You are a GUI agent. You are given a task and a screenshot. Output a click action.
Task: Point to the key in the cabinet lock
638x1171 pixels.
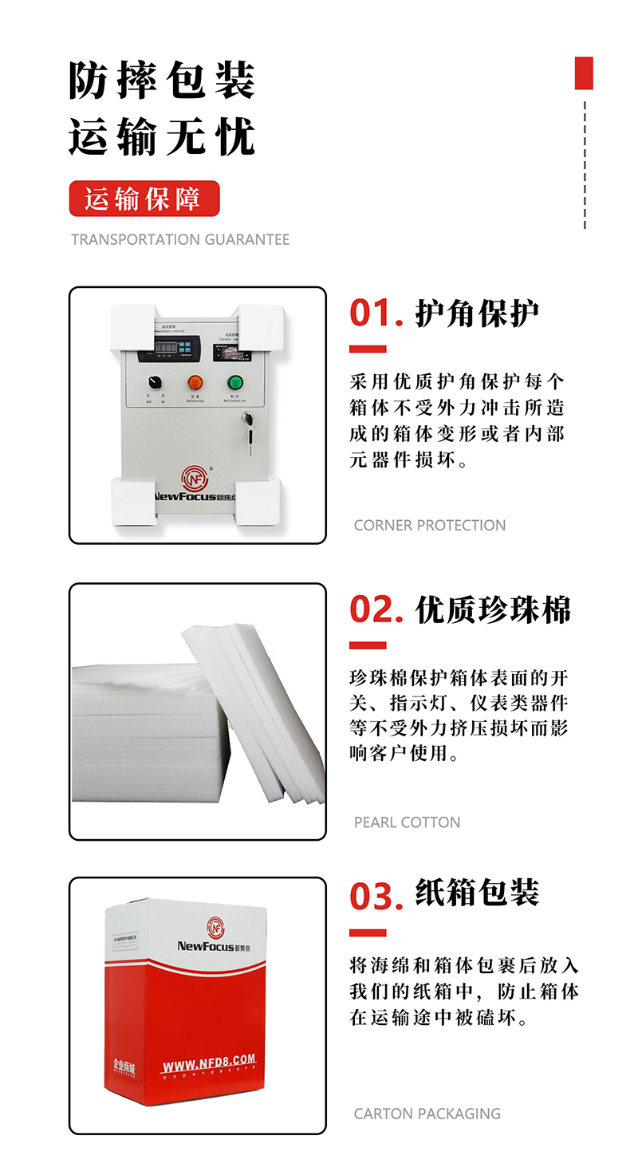coord(250,420)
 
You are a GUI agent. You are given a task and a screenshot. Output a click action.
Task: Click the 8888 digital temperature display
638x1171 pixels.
coord(166,349)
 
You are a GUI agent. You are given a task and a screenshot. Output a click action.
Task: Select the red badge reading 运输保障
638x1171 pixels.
coord(144,199)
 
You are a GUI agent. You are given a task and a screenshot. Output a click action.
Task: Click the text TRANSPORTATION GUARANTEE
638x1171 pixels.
coord(180,239)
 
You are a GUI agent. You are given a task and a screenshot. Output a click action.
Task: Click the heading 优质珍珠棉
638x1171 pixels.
coord(493,610)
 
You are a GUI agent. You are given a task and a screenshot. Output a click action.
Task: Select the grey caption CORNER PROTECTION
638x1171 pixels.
coord(429,525)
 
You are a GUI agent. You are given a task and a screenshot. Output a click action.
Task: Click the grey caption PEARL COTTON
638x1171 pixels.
coord(407,822)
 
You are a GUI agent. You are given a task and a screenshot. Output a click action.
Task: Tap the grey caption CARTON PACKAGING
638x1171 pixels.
coord(427,1113)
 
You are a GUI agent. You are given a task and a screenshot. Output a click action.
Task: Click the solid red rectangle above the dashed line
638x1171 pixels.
coord(584,73)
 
